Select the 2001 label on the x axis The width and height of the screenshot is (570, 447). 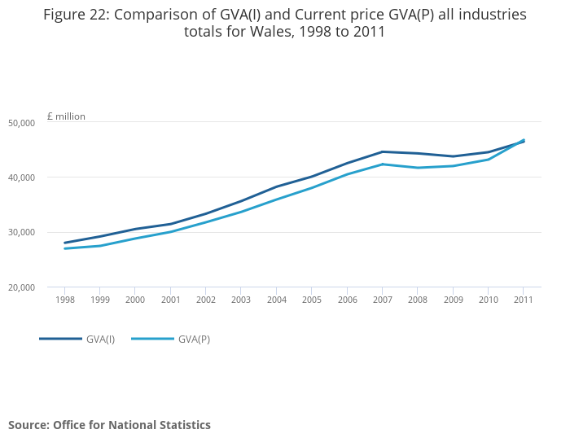click(170, 300)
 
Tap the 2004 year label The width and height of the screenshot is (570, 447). click(276, 300)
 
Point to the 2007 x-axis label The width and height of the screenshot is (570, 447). click(382, 300)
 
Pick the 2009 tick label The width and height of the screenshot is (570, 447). click(453, 300)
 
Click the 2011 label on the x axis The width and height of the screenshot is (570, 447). click(524, 300)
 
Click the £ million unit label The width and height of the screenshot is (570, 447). click(66, 116)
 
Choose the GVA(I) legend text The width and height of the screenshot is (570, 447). click(100, 339)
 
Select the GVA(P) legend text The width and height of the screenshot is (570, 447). click(194, 339)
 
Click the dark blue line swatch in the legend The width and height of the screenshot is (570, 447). click(60, 339)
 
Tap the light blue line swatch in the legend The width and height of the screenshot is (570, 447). click(152, 339)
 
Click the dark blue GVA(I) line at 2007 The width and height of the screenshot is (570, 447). click(382, 151)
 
